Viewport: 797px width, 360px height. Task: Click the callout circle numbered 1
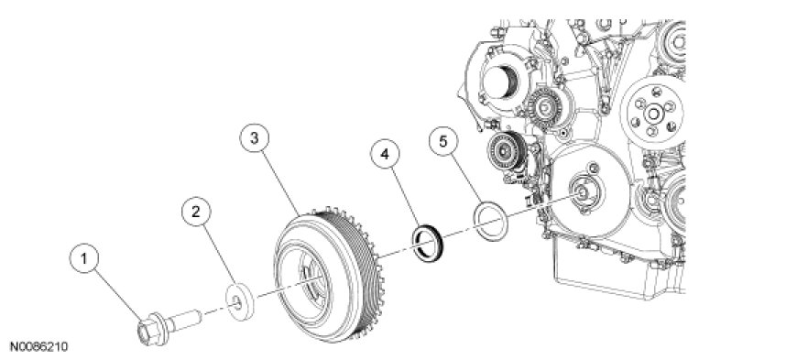pos(84,259)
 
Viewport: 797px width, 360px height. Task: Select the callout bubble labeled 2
pos(196,213)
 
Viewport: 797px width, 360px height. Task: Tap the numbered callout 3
pos(254,137)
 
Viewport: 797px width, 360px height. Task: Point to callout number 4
pos(385,154)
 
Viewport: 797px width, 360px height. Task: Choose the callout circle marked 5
pos(443,142)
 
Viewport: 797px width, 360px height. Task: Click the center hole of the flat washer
pos(237,304)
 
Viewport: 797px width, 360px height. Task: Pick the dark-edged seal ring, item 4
pos(428,242)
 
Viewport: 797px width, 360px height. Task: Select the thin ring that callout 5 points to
pos(490,221)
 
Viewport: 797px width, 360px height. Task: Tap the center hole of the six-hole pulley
pos(652,114)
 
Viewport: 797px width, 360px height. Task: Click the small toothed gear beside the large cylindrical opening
pos(545,107)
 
